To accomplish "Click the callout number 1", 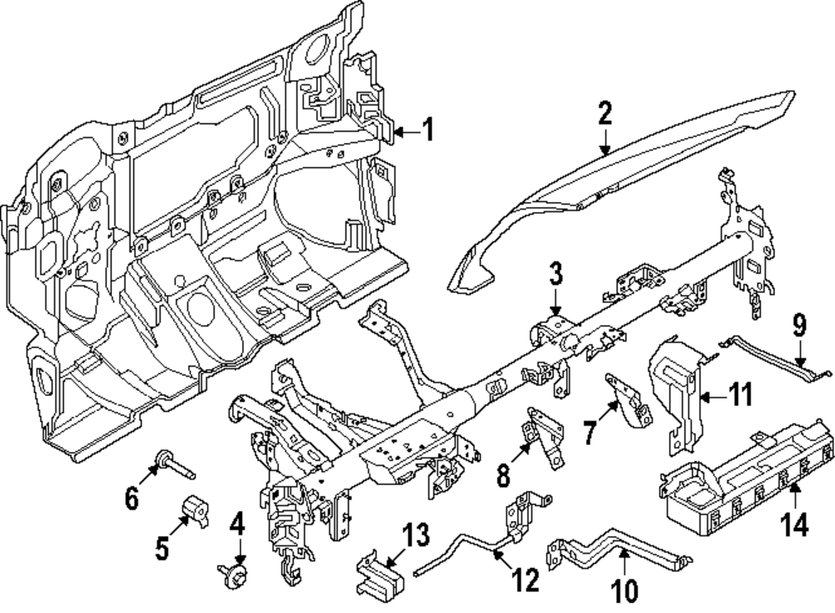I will coord(428,130).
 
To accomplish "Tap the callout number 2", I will coord(605,115).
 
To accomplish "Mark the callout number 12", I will coord(527,580).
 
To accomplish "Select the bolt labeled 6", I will coord(173,463).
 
